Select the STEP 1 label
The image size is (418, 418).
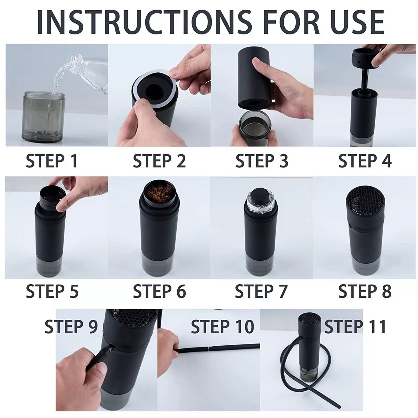51,161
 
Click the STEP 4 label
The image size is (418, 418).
365,161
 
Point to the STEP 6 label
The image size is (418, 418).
159,291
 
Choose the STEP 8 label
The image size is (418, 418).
365,291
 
